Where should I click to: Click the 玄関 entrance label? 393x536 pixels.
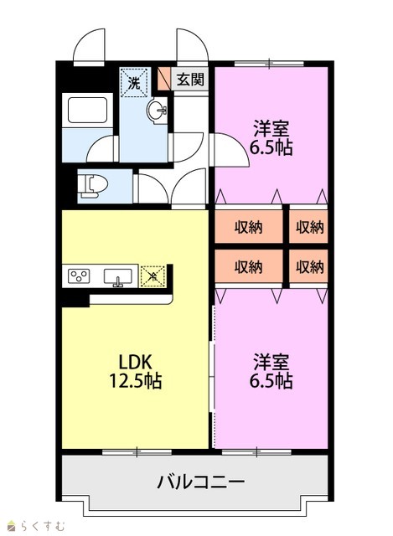[190, 80]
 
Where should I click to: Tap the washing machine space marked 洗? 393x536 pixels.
[134, 82]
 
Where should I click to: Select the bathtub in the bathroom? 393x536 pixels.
[87, 110]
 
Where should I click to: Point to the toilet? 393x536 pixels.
[92, 185]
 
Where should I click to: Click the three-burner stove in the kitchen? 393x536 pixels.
[79, 276]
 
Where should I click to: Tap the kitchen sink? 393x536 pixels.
[117, 277]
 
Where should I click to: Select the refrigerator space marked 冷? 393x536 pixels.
[153, 276]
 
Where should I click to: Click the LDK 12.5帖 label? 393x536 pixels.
[136, 371]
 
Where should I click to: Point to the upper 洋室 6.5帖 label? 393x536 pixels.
[271, 137]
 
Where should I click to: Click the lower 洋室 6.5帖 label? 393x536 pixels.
[271, 372]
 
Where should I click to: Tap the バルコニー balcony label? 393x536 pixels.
[201, 482]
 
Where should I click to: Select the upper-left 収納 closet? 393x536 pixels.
[249, 227]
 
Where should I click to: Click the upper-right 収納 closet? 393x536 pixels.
[308, 227]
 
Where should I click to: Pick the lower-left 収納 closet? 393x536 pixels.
[249, 266]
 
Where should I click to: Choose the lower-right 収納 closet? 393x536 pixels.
[308, 266]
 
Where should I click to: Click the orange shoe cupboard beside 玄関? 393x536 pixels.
[164, 78]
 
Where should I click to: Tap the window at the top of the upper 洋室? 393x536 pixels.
[269, 64]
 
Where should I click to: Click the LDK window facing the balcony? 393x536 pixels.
[137, 452]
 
